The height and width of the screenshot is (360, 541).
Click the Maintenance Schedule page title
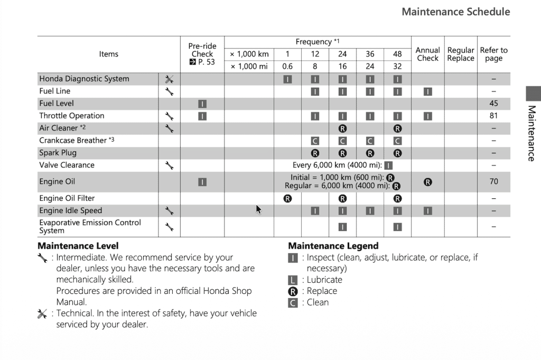(455, 12)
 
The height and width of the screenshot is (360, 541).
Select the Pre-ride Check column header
(202, 54)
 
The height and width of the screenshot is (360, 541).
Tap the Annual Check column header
(427, 54)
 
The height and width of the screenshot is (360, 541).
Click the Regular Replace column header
(461, 54)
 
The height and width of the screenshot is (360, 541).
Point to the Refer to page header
(493, 54)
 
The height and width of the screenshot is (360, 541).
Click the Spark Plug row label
(58, 153)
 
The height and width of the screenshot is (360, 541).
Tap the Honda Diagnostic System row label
(84, 79)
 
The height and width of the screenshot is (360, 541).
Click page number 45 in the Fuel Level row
(493, 104)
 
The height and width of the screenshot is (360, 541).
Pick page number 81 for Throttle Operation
(493, 116)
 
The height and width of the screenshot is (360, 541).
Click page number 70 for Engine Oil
(493, 181)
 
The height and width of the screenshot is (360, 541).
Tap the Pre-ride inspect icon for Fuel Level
(202, 104)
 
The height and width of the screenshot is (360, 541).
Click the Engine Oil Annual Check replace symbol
(427, 182)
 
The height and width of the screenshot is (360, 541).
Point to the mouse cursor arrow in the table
(258, 209)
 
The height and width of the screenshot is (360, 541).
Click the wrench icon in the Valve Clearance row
(169, 165)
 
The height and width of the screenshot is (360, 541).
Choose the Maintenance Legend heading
(333, 246)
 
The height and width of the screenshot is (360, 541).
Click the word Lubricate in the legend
(324, 280)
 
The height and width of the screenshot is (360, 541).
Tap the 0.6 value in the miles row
(287, 67)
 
